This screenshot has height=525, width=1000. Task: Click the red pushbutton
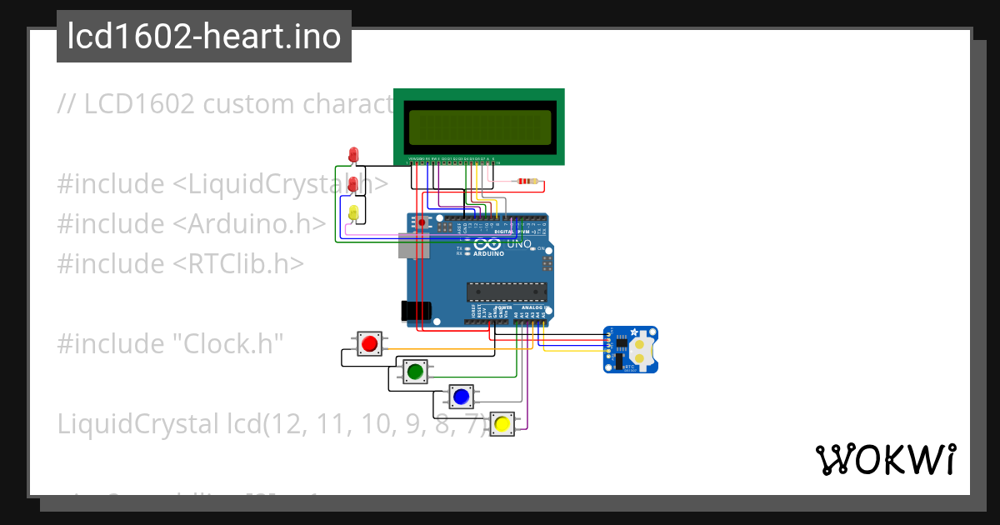click(369, 343)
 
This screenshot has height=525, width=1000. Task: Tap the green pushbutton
click(414, 371)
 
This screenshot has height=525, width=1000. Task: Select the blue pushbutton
click(460, 396)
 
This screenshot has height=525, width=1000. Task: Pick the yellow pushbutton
click(502, 424)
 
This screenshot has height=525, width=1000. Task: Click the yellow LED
click(353, 212)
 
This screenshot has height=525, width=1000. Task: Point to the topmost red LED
click(353, 154)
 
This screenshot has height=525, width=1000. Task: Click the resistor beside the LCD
click(527, 181)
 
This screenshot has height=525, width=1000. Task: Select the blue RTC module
click(630, 348)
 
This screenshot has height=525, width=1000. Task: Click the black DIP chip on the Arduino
click(506, 291)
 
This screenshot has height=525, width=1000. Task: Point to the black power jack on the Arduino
click(417, 311)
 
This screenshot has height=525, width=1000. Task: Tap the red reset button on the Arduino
click(422, 222)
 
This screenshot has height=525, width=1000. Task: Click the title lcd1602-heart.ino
click(204, 37)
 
